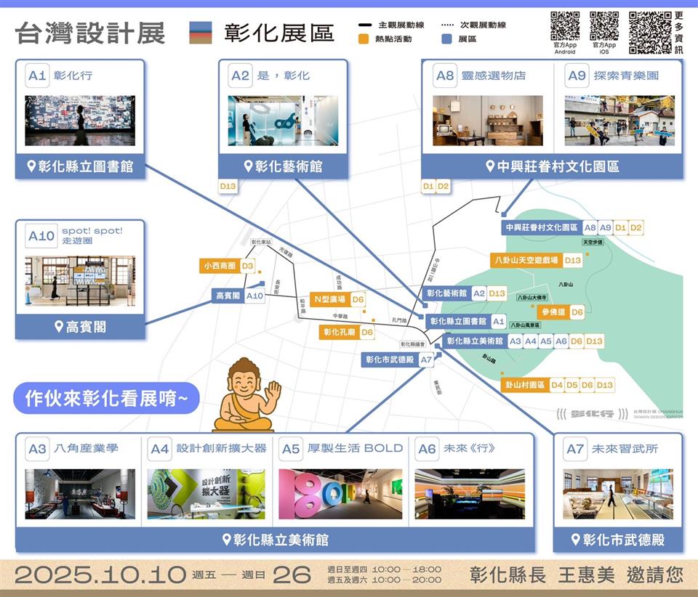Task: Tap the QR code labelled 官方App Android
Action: pyautogui.click(x=565, y=26)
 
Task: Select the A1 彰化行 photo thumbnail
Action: pyautogui.click(x=80, y=121)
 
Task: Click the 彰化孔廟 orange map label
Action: pyautogui.click(x=340, y=332)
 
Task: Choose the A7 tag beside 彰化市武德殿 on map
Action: pyautogui.click(x=427, y=360)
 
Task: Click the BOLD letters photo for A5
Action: pyautogui.click(x=340, y=494)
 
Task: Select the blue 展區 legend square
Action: pyautogui.click(x=447, y=39)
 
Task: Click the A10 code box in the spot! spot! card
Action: pyautogui.click(x=41, y=236)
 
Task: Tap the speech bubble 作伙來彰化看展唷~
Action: pyautogui.click(x=106, y=398)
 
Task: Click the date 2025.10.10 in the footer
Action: pyautogui.click(x=100, y=575)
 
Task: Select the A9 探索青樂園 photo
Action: pyautogui.click(x=619, y=121)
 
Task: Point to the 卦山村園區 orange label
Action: pyautogui.click(x=526, y=385)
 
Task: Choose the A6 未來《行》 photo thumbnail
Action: pyautogui.click(x=469, y=494)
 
